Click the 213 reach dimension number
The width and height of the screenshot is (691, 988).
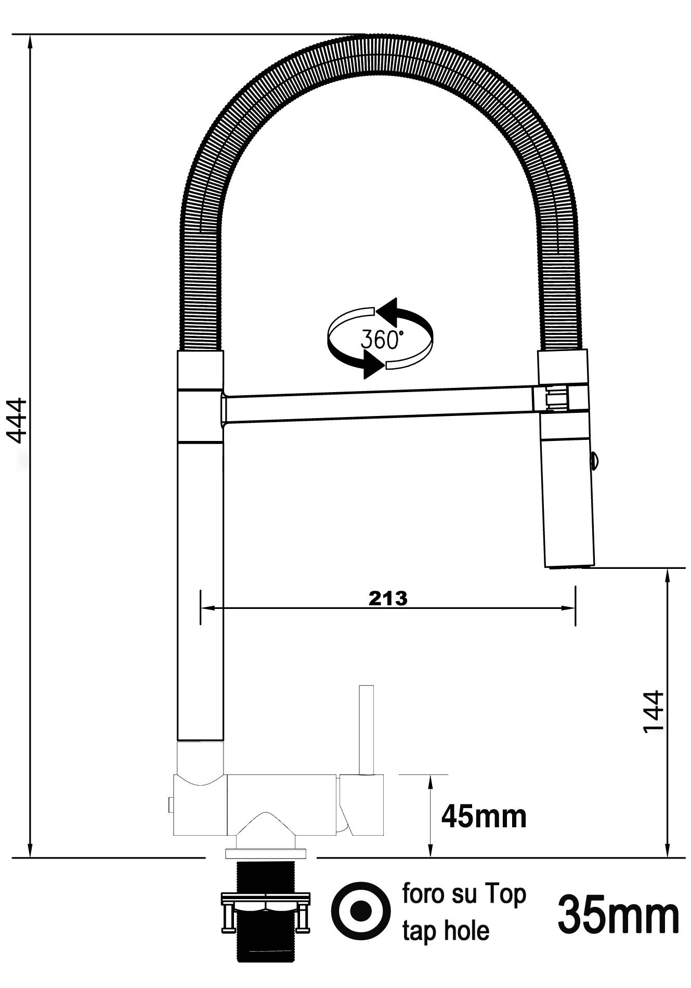coord(388,599)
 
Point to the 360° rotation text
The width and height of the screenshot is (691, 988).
coord(381,340)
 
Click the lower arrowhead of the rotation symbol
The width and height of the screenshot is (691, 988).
coord(374,363)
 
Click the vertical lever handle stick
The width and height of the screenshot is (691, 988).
coord(367,728)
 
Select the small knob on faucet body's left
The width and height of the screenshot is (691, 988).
coord(170,804)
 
